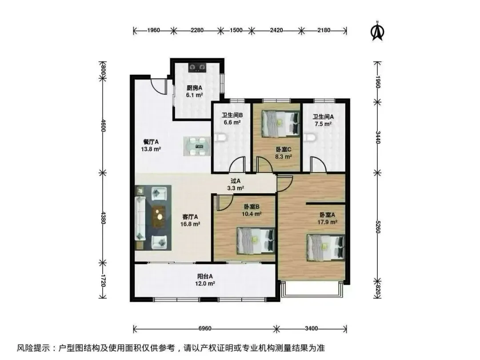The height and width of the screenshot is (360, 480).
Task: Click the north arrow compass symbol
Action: click(377, 31)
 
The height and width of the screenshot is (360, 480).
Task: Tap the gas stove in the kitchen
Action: click(197, 68)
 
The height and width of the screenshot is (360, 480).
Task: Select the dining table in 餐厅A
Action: click(197, 146)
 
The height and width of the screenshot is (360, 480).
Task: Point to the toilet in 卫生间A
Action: click(309, 137)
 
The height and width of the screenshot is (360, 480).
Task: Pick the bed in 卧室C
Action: click(280, 124)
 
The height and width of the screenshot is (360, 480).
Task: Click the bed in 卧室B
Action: click(256, 240)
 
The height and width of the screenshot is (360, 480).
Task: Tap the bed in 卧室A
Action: click(326, 248)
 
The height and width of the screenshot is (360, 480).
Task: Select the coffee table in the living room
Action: click(159, 217)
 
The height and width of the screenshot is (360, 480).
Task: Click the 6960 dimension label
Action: click(205, 328)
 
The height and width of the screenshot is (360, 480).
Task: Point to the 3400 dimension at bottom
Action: click(311, 328)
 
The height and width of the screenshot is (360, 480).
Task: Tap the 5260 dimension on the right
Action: click(378, 227)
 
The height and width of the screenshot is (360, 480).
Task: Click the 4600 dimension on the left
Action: click(103, 125)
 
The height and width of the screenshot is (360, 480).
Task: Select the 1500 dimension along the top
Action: click(236, 30)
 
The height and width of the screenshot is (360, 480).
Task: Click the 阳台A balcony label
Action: click(205, 276)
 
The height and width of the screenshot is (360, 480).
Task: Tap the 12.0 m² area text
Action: click(205, 284)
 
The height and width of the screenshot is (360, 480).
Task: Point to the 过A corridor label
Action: click(236, 181)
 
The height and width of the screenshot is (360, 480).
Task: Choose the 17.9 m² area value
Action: click(327, 222)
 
